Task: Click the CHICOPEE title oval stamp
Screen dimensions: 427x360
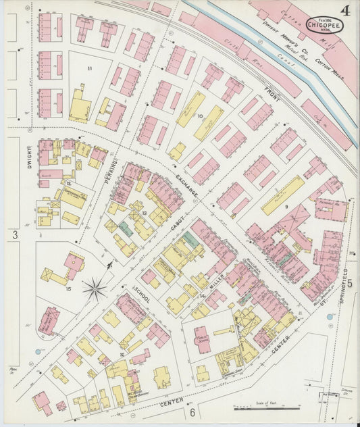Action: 326,25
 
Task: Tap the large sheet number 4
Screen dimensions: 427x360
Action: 345,10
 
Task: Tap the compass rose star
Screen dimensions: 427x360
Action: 95,289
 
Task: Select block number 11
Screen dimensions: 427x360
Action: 88,69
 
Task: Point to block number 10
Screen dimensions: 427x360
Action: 200,116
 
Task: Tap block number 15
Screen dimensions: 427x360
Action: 68,289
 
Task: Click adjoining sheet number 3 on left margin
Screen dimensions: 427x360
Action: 13,234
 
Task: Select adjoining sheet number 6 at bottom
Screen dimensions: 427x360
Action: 192,412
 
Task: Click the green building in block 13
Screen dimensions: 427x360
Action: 125,228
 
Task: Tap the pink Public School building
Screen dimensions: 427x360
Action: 202,338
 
